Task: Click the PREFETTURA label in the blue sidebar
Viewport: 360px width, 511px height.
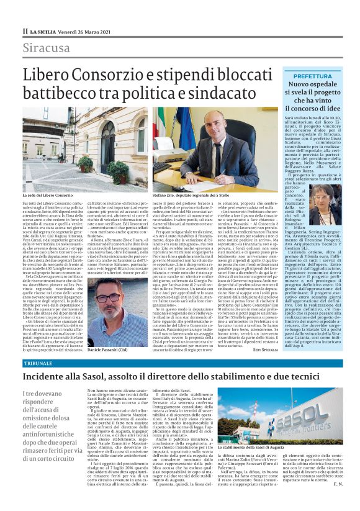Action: pos(312,75)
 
